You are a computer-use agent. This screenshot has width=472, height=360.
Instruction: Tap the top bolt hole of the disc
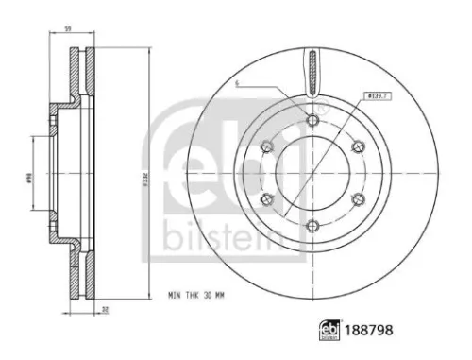coord(312,119)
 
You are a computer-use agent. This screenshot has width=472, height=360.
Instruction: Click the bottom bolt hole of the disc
coord(312,224)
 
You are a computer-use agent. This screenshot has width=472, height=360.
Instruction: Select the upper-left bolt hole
coord(267,146)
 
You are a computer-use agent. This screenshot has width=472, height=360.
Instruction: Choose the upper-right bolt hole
coord(358,146)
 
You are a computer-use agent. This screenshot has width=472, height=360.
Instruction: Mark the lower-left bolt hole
coord(267,197)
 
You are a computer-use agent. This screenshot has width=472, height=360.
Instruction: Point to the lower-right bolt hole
coord(358,197)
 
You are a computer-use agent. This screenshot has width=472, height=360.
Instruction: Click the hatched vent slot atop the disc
coord(312,74)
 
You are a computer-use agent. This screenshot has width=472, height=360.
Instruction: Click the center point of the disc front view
coord(312,172)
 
